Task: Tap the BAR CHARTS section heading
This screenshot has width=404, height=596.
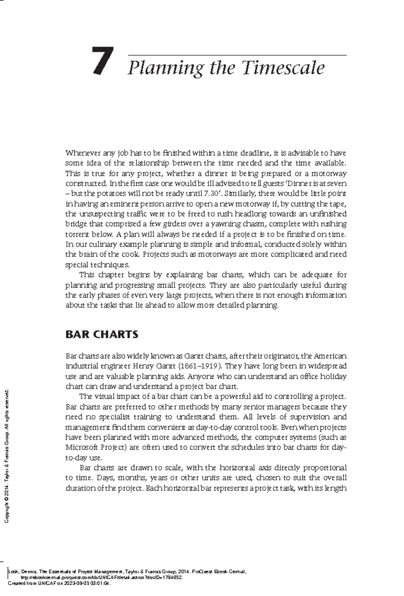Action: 102,334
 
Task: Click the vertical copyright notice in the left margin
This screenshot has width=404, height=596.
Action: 7,456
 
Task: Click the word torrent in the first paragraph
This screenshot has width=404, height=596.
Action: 76,234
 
